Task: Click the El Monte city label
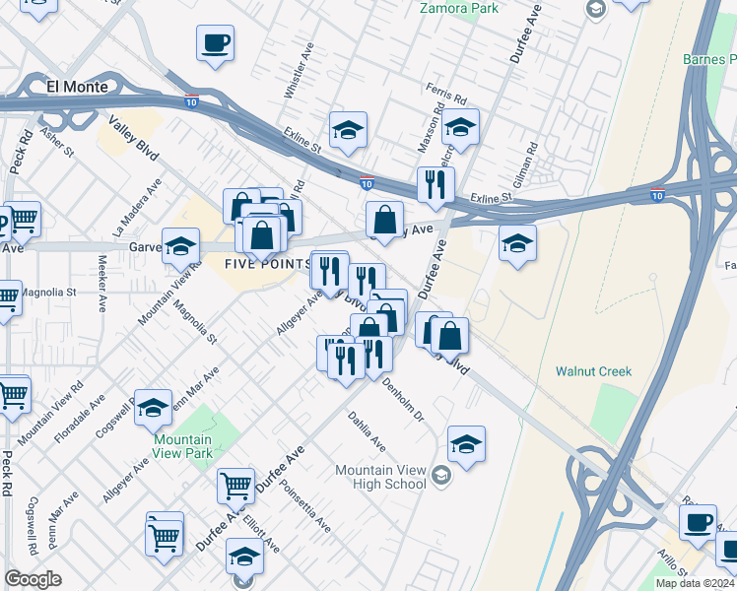(77, 87)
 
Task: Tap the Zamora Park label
(458, 9)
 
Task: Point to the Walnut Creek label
(593, 371)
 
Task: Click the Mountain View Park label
(182, 448)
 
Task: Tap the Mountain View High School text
(380, 477)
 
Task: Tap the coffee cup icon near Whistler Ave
(215, 43)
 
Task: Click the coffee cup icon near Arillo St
(699, 521)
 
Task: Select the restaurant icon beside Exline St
(435, 183)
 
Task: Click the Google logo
(33, 579)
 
